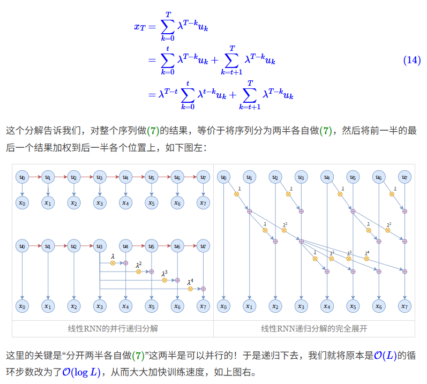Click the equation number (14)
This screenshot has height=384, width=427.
(411, 60)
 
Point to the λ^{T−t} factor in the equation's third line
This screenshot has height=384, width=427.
(168, 94)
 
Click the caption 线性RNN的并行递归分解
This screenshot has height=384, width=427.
(113, 328)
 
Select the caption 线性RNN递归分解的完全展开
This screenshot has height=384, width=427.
(314, 328)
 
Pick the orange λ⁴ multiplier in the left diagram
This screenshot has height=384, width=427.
(190, 289)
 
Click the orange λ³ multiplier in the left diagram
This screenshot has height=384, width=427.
(164, 280)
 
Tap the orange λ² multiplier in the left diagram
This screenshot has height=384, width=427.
(138, 272)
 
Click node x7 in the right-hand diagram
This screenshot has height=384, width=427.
(405, 306)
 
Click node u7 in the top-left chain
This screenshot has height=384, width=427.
(203, 177)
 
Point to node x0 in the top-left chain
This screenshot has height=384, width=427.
(22, 202)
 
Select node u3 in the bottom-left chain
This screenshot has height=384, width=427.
(100, 246)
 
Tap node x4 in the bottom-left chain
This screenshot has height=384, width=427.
(125, 306)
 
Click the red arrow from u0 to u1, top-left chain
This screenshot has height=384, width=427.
(35, 177)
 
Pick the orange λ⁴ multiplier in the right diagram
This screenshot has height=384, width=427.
(367, 259)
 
